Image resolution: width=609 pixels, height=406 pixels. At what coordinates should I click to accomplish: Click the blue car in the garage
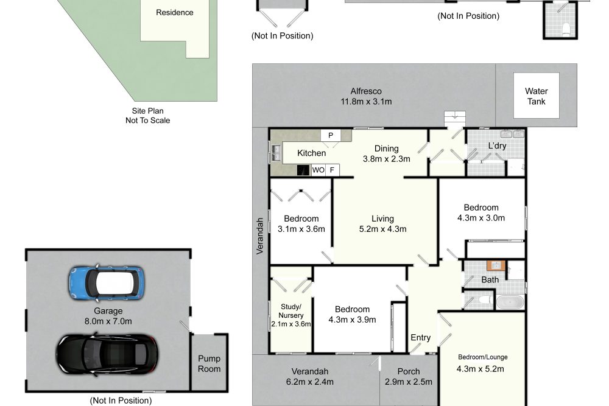[107, 283]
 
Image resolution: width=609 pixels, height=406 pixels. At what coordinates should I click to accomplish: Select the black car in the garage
[107, 354]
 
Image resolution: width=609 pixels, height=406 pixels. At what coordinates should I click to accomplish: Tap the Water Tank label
[536, 96]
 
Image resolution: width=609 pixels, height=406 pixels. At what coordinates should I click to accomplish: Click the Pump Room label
[209, 363]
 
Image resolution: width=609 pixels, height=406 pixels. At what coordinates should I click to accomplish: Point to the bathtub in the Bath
[510, 302]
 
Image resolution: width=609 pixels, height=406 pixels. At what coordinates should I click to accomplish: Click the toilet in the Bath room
[484, 301]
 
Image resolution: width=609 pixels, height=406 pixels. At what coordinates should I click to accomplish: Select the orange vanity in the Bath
[496, 265]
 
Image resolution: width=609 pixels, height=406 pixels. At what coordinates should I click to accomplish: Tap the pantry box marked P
[331, 136]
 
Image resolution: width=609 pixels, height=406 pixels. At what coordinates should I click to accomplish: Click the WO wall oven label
[318, 170]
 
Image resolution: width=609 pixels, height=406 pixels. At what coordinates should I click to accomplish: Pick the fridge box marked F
[332, 170]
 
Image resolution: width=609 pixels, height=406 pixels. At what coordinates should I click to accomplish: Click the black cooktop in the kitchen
[303, 170]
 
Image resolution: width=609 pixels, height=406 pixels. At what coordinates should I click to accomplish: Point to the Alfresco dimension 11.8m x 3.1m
[366, 102]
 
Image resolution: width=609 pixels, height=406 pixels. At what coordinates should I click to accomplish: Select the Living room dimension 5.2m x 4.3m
[383, 229]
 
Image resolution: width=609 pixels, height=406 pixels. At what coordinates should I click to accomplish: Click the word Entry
[421, 338]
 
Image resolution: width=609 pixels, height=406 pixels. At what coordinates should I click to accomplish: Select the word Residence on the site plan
[175, 12]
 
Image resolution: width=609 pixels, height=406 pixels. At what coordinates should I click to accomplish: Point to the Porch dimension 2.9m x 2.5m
[409, 382]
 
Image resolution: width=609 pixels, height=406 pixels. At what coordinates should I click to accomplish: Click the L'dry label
[497, 146]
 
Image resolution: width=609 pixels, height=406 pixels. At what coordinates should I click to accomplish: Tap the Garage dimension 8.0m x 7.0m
[108, 321]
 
